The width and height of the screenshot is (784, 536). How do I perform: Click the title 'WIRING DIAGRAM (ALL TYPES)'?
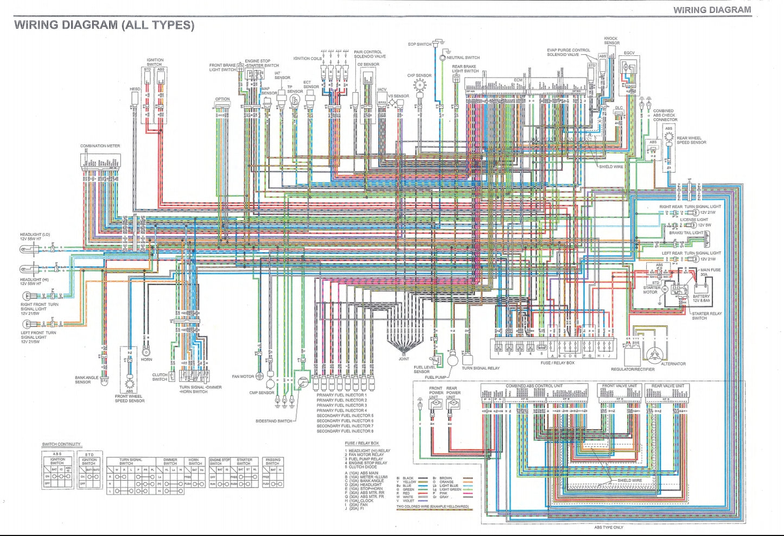tap(104, 25)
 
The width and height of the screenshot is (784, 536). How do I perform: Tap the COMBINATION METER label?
tap(100, 146)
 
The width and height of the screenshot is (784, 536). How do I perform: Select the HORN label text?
tap(146, 360)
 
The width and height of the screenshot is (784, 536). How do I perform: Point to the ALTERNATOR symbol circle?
tap(656, 352)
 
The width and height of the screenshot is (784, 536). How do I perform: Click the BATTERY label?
tap(701, 298)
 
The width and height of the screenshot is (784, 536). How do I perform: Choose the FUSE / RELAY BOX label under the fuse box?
tap(557, 363)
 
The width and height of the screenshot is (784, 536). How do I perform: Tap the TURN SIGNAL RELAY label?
tap(481, 368)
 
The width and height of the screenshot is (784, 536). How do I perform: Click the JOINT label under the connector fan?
tap(404, 359)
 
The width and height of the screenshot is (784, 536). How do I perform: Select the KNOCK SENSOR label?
tap(611, 41)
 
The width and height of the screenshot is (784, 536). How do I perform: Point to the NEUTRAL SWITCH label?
tap(463, 58)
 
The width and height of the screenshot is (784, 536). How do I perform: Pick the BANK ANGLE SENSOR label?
tap(87, 380)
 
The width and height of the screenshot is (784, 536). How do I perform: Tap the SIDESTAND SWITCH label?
tap(274, 421)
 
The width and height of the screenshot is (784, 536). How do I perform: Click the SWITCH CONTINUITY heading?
tap(61, 444)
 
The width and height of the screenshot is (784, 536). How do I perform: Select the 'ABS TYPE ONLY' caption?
tap(609, 527)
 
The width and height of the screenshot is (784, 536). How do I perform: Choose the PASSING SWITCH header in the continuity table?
tap(272, 462)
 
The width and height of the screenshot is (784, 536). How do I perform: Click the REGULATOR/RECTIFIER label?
tap(633, 369)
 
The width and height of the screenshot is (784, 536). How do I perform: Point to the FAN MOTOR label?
tap(243, 376)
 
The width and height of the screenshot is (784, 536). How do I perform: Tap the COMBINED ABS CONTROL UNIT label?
tap(534, 386)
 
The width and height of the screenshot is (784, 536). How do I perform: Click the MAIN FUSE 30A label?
tap(710, 272)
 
